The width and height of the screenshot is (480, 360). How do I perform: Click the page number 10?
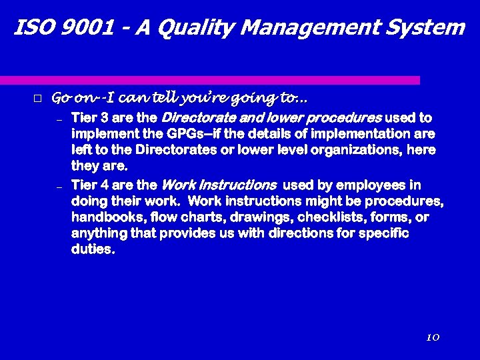coord(432,338)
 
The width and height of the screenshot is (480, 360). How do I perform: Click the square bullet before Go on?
coord(37,99)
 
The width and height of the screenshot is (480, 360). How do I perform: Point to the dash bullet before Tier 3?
coord(59,121)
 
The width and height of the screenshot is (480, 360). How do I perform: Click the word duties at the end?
coord(92,249)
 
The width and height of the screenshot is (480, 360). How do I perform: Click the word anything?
coord(97,233)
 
